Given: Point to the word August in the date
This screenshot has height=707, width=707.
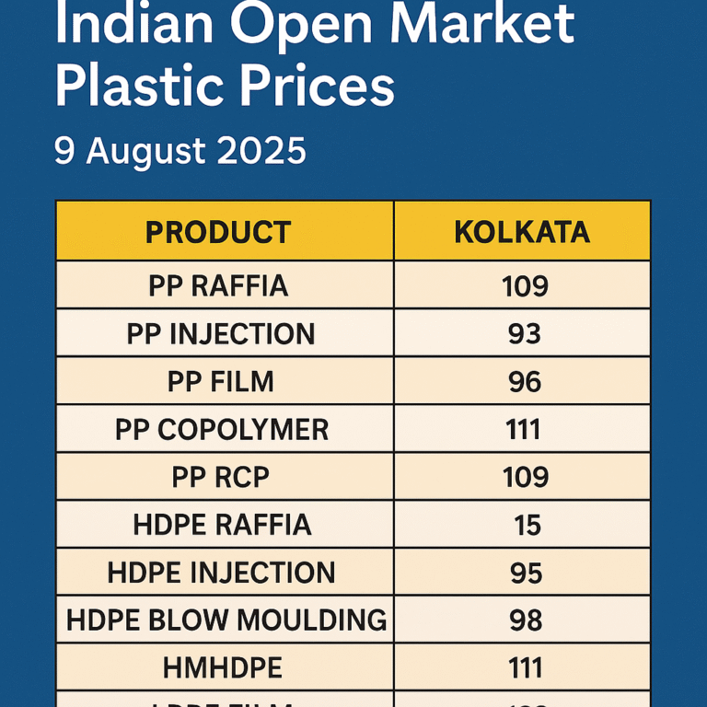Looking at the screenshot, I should tap(149, 151).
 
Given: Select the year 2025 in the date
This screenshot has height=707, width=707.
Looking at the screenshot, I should tap(262, 151).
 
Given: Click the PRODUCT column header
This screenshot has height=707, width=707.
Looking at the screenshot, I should tap(218, 232).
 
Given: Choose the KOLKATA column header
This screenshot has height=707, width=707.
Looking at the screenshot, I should tap(522, 232).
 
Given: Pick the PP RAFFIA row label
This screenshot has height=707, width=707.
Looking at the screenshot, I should tap(218, 286).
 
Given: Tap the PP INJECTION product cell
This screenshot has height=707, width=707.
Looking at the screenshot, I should tap(221, 334).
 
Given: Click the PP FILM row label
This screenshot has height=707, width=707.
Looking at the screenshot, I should tap(221, 382).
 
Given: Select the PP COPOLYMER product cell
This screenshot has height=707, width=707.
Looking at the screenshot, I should tap(222, 430).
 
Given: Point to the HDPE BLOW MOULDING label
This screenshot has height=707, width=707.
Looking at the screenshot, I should tap(226, 620).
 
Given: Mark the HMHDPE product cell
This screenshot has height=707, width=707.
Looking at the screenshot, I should tap(221, 668).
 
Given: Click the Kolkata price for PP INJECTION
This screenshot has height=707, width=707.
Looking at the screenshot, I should tap(525, 334).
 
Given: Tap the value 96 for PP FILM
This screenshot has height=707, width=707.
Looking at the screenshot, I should tap(525, 382).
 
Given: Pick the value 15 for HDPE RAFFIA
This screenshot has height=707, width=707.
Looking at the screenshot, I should tap(527, 526).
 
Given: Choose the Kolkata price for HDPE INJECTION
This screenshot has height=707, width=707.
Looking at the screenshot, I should tap(526, 574).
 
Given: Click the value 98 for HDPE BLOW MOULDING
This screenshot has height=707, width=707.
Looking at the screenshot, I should tap(526, 620).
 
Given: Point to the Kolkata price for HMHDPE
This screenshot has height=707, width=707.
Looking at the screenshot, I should tap(525, 668).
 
